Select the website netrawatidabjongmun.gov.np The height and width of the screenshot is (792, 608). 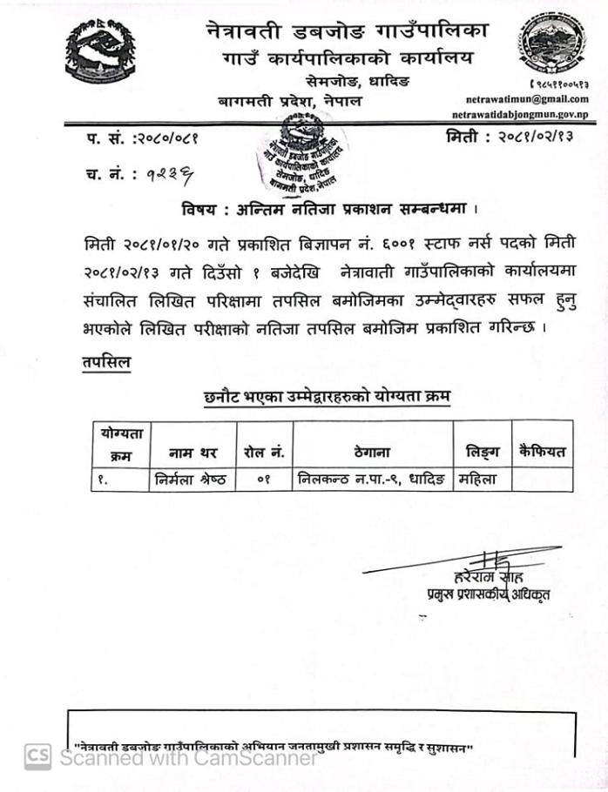pos(520,115)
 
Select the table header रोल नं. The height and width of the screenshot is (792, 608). pos(265,453)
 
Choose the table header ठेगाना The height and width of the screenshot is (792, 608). pos(372,453)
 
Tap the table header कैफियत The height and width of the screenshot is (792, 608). pos(541,453)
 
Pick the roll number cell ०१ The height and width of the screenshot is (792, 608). pos(265,479)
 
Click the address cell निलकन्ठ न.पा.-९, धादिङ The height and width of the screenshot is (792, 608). pos(372,479)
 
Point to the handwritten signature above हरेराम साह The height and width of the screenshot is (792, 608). pos(483,562)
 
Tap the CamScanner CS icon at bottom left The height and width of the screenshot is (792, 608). pos(37,756)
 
